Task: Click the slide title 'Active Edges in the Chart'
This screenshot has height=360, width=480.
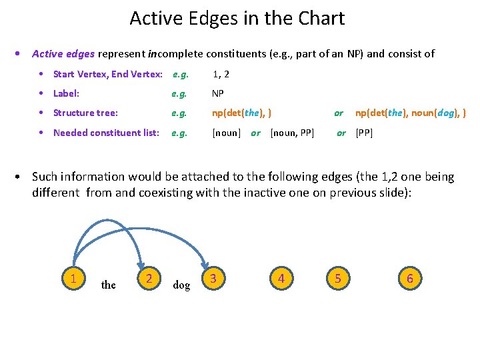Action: pyautogui.click(x=237, y=18)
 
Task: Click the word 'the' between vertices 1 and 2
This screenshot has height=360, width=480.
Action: pyautogui.click(x=108, y=285)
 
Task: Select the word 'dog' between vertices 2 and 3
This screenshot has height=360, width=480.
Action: pyautogui.click(x=181, y=285)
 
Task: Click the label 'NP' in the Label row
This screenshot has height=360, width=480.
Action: pyautogui.click(x=218, y=94)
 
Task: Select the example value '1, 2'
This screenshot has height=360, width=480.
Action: pyautogui.click(x=221, y=75)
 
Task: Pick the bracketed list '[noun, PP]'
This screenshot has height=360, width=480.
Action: pyautogui.click(x=292, y=133)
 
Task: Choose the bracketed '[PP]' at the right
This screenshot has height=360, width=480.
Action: pyautogui.click(x=364, y=133)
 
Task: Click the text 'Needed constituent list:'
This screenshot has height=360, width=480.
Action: pyautogui.click(x=106, y=133)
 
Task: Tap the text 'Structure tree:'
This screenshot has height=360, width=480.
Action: pyautogui.click(x=85, y=113)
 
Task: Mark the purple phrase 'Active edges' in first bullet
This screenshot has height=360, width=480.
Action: pyautogui.click(x=63, y=54)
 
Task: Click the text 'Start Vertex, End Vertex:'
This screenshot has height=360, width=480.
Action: pyautogui.click(x=107, y=75)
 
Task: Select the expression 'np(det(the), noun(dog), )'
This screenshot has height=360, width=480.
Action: pyautogui.click(x=410, y=113)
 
